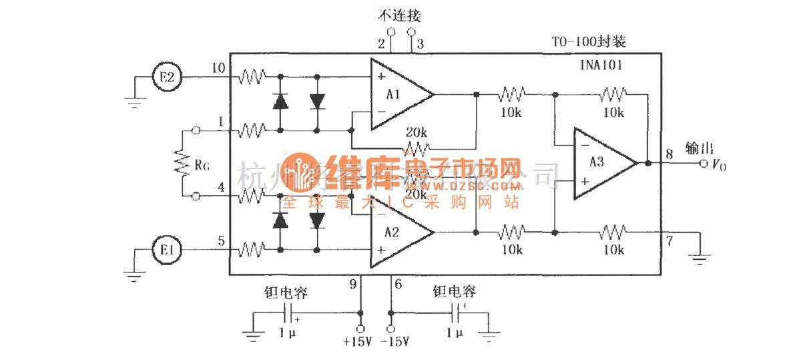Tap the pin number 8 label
pyautogui.click(x=669, y=154)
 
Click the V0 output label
pyautogui.click(x=718, y=165)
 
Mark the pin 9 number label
pyautogui.click(x=353, y=285)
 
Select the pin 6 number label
pyautogui.click(x=398, y=285)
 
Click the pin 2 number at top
pyautogui.click(x=381, y=44)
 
